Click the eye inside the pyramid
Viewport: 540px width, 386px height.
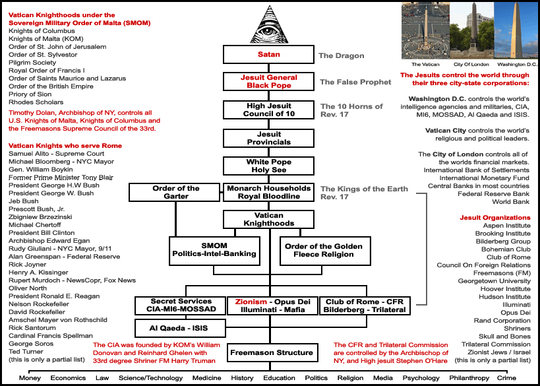pyautogui.click(x=269, y=30)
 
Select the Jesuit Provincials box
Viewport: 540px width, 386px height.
pyautogui.click(x=268, y=138)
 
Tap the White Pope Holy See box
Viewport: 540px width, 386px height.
pyautogui.click(x=268, y=166)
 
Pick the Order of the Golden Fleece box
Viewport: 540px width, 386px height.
pyautogui.click(x=325, y=251)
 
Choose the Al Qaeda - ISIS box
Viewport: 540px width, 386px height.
pyautogui.click(x=180, y=328)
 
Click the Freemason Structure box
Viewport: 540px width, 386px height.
pyautogui.click(x=272, y=352)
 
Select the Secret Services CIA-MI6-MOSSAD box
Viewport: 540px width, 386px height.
pyautogui.click(x=180, y=306)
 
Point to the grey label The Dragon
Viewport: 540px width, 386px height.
pyautogui.click(x=342, y=55)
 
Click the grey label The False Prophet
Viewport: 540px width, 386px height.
pyautogui.click(x=355, y=82)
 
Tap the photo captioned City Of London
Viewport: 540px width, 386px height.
pyautogui.click(x=471, y=30)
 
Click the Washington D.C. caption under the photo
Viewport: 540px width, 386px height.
pyautogui.click(x=517, y=65)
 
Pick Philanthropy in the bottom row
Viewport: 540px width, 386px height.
pyautogui.click(x=469, y=378)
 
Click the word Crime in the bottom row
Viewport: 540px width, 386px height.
pyautogui.click(x=506, y=378)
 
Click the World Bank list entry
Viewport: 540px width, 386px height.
pyautogui.click(x=511, y=202)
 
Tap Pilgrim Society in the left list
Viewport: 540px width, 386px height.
pyautogui.click(x=32, y=63)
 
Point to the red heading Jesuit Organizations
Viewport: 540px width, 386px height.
pyautogui.click(x=495, y=218)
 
